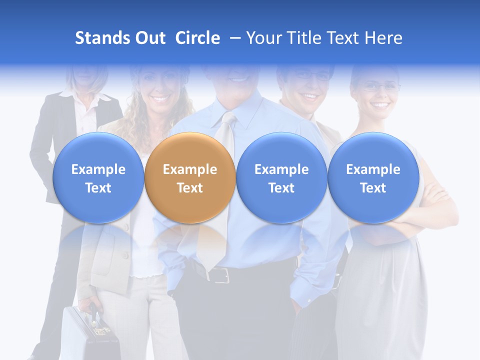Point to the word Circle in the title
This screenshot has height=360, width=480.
point(197,38)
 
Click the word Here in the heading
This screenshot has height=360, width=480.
point(384,38)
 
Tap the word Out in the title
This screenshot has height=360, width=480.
point(149,38)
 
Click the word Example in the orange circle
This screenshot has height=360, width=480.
point(190,169)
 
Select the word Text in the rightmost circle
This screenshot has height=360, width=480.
point(373,188)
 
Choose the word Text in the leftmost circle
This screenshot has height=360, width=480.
point(98,188)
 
